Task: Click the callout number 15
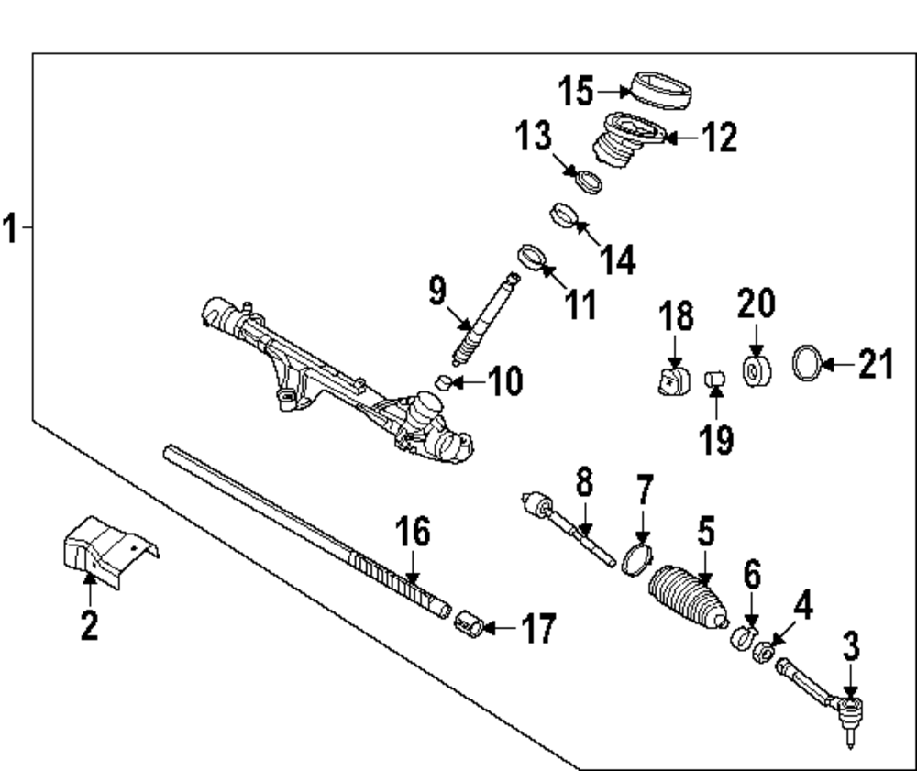click(576, 92)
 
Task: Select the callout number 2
click(88, 627)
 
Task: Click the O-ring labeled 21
click(805, 364)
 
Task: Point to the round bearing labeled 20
click(757, 371)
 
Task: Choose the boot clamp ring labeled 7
click(636, 558)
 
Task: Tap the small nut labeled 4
click(761, 653)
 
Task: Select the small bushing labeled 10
click(443, 381)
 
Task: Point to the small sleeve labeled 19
click(715, 377)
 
